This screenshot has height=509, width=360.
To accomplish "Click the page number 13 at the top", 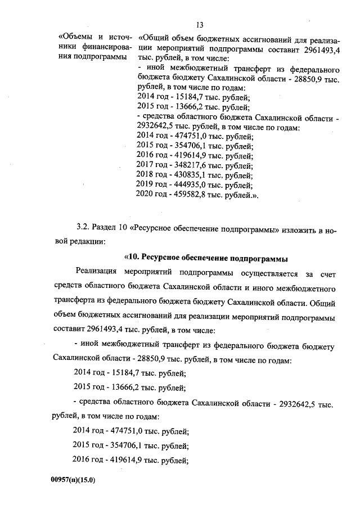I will point(199,24).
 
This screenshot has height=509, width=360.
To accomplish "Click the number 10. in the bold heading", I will point(132,259).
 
